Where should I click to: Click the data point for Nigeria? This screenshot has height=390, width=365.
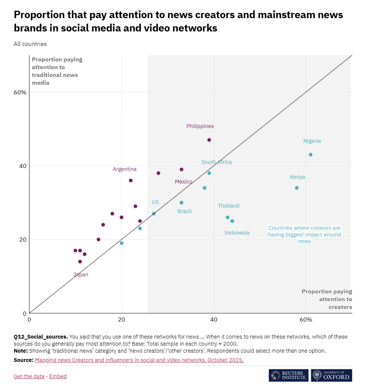(311, 155)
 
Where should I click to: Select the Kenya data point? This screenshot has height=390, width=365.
(297, 188)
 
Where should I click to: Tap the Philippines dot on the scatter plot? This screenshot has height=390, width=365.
(209, 140)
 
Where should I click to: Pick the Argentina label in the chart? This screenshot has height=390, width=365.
(125, 169)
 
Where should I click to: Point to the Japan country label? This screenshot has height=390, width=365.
(81, 275)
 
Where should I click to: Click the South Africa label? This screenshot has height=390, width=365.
(216, 162)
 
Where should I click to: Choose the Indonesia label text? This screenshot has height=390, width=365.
(237, 233)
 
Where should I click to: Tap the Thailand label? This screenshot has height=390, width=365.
(229, 206)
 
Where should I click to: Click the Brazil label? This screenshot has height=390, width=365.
(185, 211)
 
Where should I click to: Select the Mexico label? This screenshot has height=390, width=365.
(183, 182)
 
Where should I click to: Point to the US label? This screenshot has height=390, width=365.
(155, 202)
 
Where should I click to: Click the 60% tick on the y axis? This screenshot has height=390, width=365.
(20, 92)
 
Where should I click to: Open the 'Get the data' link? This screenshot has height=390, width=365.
(29, 376)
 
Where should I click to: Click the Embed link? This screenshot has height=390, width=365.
(58, 376)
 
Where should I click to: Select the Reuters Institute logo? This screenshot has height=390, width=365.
(289, 375)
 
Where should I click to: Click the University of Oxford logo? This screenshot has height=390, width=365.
(332, 375)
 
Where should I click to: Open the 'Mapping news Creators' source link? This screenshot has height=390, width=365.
(139, 360)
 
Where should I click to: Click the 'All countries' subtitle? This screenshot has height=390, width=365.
(30, 44)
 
